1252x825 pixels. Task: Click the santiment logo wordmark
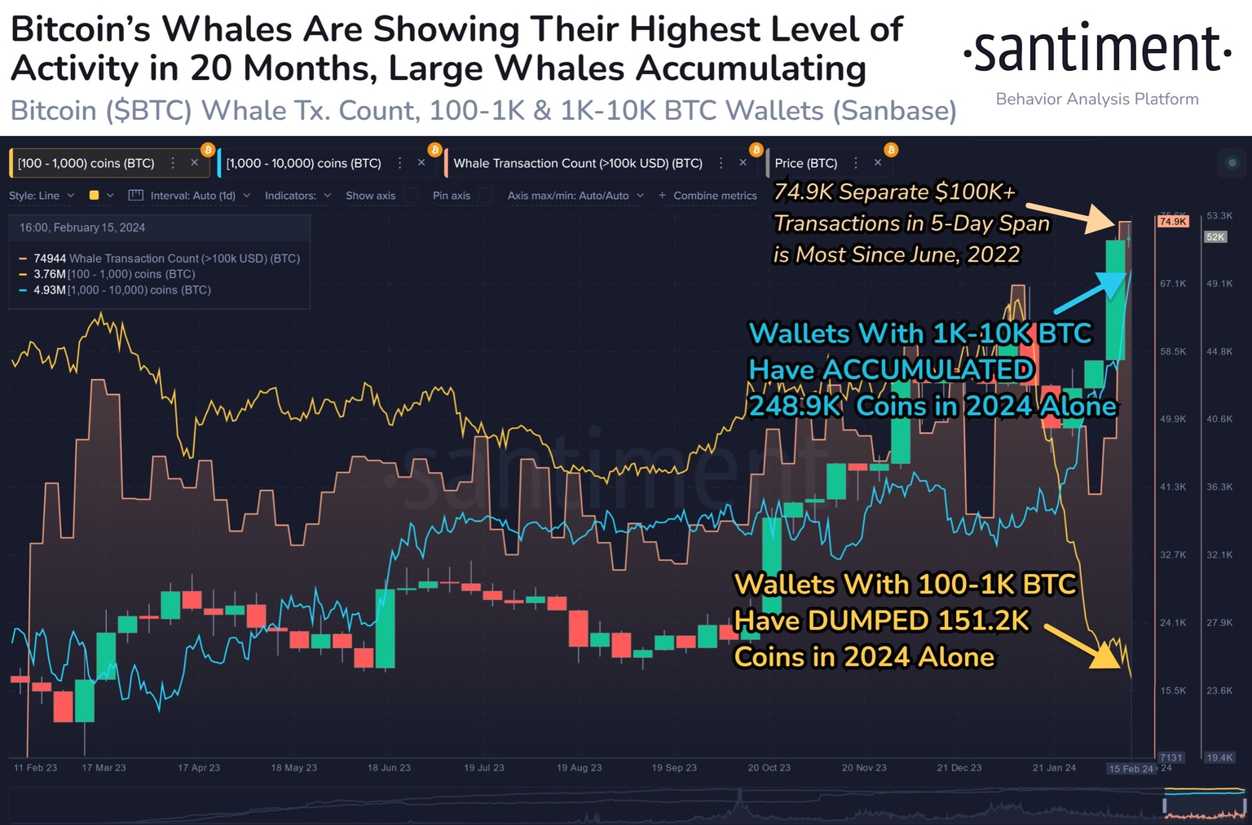pyautogui.click(x=1097, y=51)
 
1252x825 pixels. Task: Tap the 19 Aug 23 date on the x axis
pyautogui.click(x=579, y=768)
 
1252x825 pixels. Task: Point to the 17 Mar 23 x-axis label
pyautogui.click(x=104, y=768)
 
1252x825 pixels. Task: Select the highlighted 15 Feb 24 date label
pyautogui.click(x=1131, y=769)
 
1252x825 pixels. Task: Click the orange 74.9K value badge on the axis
pyautogui.click(x=1173, y=222)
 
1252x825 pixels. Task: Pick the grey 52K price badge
pyautogui.click(x=1215, y=237)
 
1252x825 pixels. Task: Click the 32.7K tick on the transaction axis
pyautogui.click(x=1173, y=555)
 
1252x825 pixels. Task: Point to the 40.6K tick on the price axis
pyautogui.click(x=1219, y=419)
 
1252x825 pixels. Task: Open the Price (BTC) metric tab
pyautogui.click(x=805, y=163)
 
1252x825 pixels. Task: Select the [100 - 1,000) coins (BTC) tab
pyautogui.click(x=86, y=163)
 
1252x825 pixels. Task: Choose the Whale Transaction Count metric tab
pyautogui.click(x=577, y=163)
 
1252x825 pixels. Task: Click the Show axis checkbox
pyautogui.click(x=411, y=196)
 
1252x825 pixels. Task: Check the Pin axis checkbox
pyautogui.click(x=486, y=196)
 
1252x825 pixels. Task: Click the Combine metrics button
pyautogui.click(x=708, y=196)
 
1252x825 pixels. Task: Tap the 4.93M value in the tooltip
pyautogui.click(x=49, y=290)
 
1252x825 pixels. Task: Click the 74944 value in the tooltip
pyautogui.click(x=50, y=258)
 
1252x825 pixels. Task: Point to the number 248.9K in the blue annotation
pyautogui.click(x=795, y=406)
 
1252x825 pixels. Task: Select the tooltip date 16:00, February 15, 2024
pyautogui.click(x=82, y=227)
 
